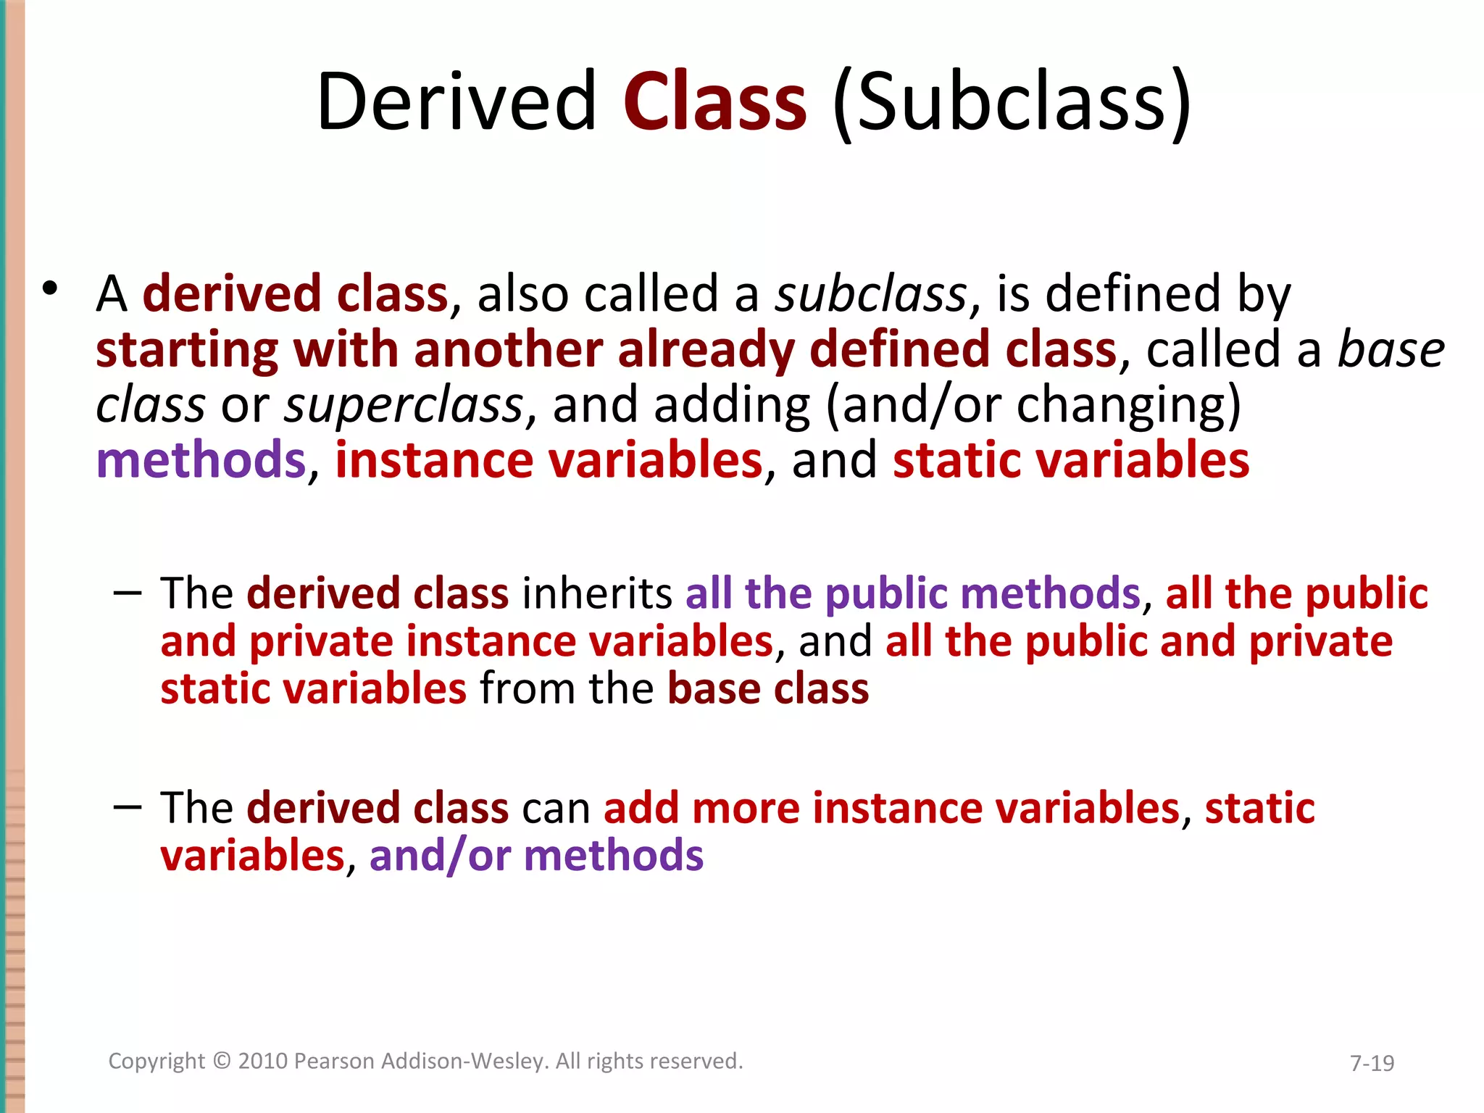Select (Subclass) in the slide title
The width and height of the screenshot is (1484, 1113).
pyautogui.click(x=1012, y=103)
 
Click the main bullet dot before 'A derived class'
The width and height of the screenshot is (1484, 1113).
pyautogui.click(x=49, y=288)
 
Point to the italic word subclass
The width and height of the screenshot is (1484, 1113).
pyautogui.click(x=871, y=294)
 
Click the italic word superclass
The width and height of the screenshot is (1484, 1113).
pyautogui.click(x=404, y=405)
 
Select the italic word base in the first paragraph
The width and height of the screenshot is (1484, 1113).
pyautogui.click(x=1391, y=350)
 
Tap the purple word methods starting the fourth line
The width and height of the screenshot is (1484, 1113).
pyautogui.click(x=201, y=460)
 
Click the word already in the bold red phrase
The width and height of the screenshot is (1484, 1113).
pyautogui.click(x=706, y=350)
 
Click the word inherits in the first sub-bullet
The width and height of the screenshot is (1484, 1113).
pyautogui.click(x=597, y=593)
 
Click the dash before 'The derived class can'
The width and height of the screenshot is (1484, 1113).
pyautogui.click(x=128, y=807)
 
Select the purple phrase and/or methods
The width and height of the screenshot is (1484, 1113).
pyautogui.click(x=536, y=856)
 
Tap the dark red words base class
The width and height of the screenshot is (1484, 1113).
pyautogui.click(x=768, y=688)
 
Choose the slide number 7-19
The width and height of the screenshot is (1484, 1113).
pyautogui.click(x=1372, y=1063)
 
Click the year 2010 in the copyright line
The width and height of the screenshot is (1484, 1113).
pyautogui.click(x=263, y=1061)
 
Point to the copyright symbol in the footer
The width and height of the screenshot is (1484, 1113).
pyautogui.click(x=222, y=1061)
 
